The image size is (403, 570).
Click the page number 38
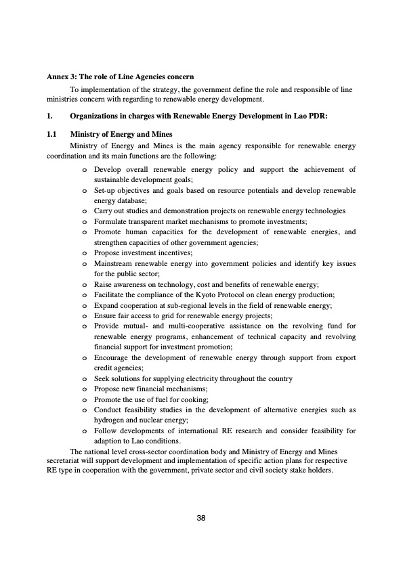click(x=200, y=518)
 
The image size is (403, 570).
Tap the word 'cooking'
click(x=189, y=399)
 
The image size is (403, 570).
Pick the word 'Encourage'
click(x=115, y=357)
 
